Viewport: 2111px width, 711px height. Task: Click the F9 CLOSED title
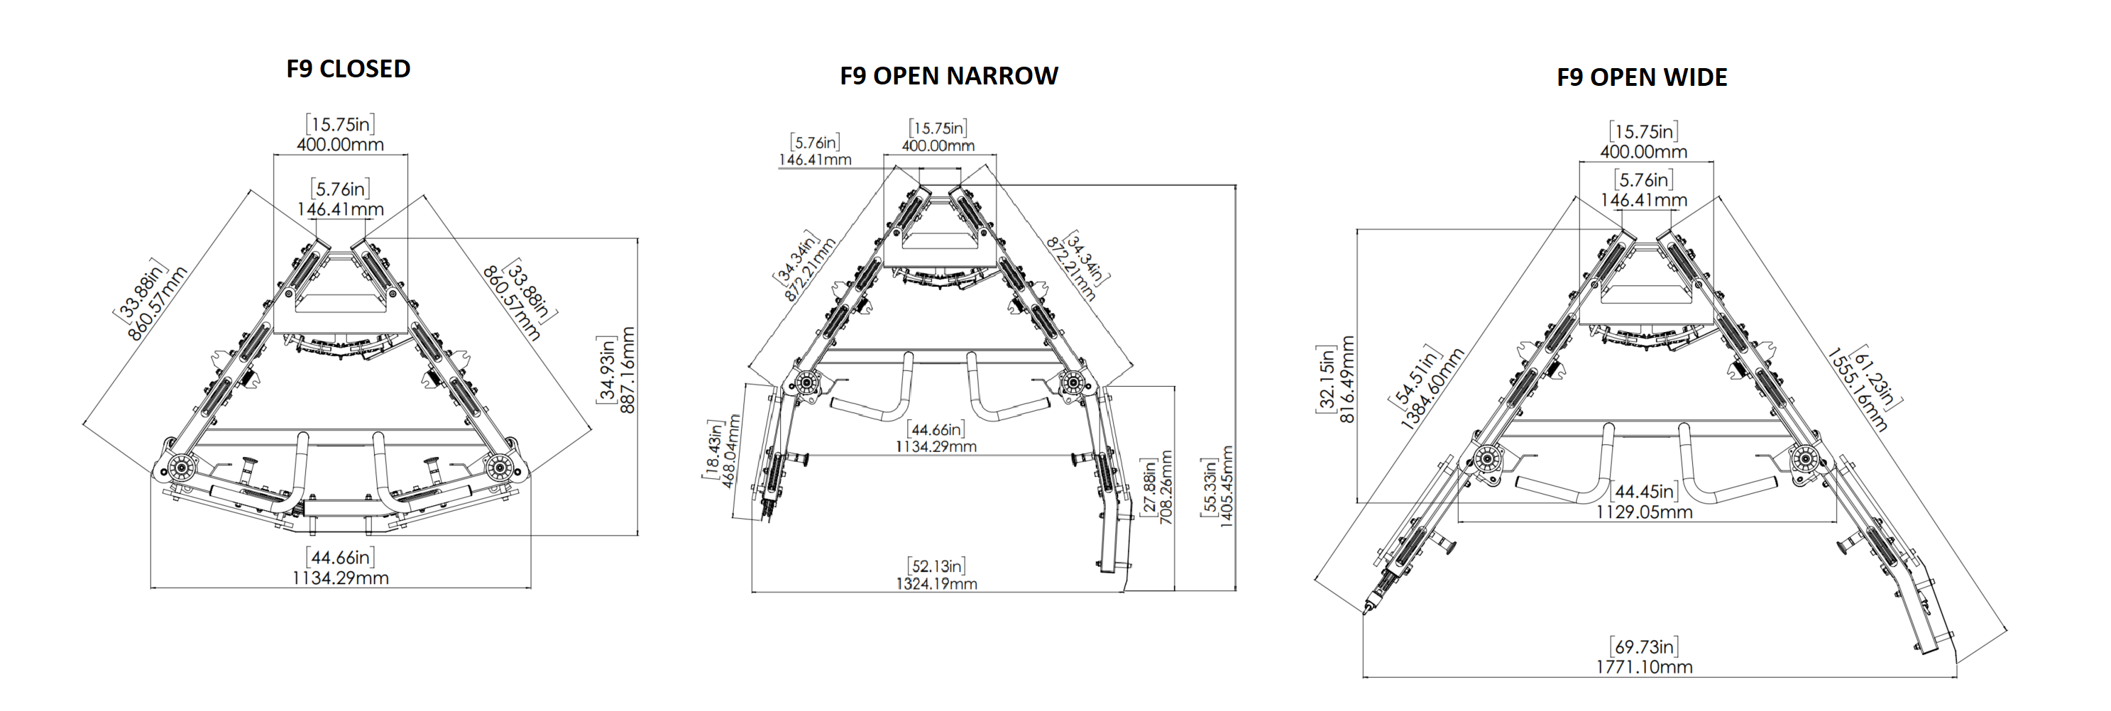[349, 69]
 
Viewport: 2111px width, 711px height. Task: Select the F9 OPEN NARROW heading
[948, 76]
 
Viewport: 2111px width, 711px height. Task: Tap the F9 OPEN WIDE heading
[1641, 78]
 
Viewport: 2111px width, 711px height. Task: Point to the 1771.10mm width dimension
[1644, 667]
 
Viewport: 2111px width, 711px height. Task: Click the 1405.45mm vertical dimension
[1227, 487]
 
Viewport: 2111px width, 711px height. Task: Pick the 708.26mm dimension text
[1166, 487]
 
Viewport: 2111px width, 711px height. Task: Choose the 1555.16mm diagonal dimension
[1857, 391]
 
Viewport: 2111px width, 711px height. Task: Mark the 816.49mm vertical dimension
[1347, 379]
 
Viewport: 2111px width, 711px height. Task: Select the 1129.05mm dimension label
[1644, 512]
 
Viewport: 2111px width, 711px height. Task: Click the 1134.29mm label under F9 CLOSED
[340, 578]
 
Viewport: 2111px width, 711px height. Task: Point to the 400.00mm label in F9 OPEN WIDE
[1643, 152]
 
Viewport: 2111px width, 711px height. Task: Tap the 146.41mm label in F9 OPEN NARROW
[815, 160]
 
